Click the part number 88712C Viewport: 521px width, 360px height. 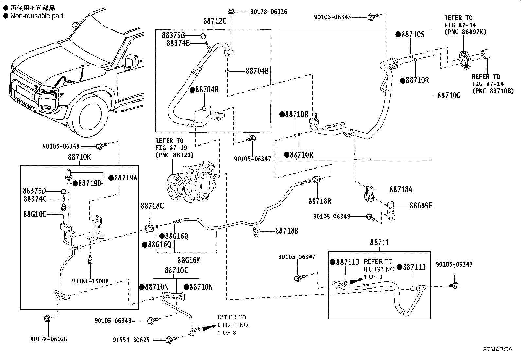click(215, 21)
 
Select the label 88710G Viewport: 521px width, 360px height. click(449, 95)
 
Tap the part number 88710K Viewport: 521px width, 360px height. click(79, 157)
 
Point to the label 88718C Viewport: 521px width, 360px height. click(152, 206)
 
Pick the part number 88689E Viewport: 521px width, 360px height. click(421, 206)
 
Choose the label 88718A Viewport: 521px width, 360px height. click(401, 190)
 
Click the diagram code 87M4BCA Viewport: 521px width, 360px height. click(497, 349)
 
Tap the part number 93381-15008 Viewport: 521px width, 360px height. click(90, 281)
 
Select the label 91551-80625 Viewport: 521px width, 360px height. click(131, 340)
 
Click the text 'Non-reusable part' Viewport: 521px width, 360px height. click(37, 16)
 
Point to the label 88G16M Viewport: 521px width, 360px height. click(189, 260)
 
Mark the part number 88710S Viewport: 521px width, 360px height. click(413, 35)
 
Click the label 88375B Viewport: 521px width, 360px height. click(173, 35)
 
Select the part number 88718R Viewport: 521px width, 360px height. click(320, 201)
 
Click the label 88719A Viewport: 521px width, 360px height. click(126, 178)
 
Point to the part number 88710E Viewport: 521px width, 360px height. click(176, 270)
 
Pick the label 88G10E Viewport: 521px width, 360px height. click(35, 214)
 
